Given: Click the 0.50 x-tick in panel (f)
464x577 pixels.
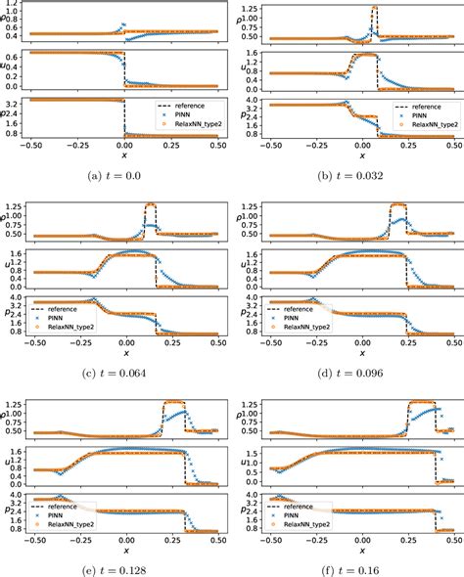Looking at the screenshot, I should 455,539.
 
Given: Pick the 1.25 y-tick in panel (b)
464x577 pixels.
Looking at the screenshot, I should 249,10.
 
